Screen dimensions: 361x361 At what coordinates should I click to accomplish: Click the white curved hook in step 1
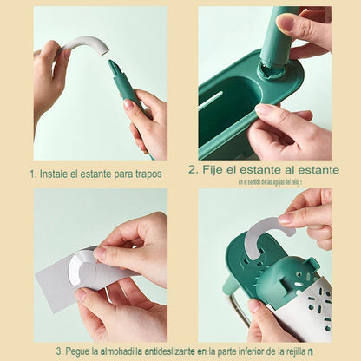[x=84, y=44]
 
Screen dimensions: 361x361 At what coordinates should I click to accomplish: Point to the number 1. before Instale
[x=33, y=174]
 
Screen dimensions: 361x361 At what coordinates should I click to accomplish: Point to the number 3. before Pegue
[x=60, y=351]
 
